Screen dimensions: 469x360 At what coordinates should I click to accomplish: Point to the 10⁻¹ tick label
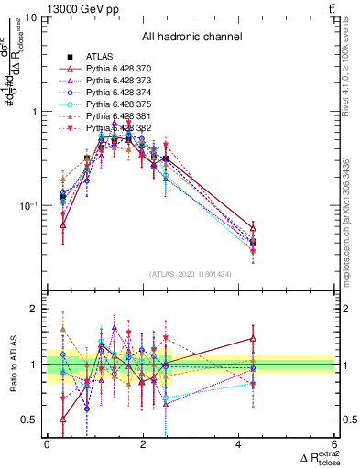[x=28, y=205]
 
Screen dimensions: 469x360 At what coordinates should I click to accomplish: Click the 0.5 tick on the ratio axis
[x=32, y=420]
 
